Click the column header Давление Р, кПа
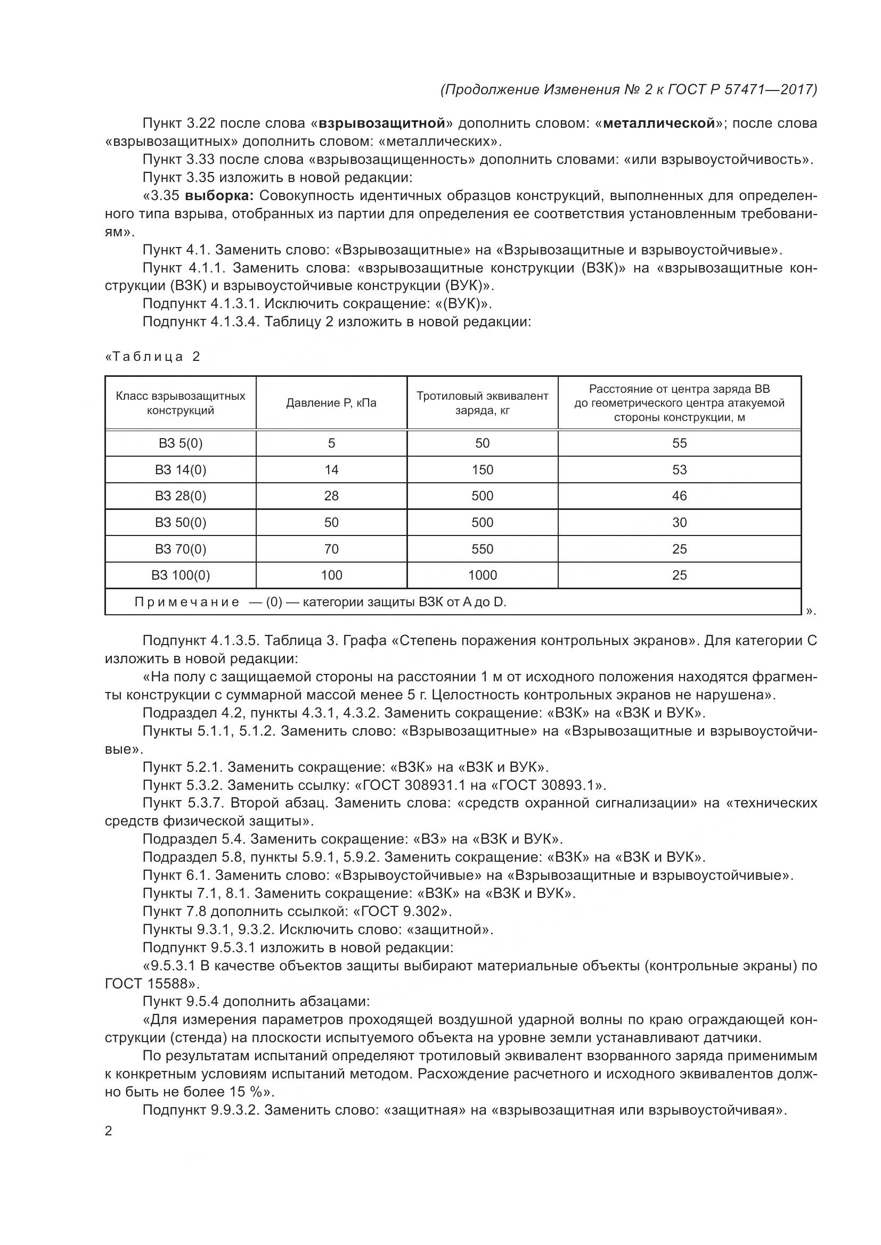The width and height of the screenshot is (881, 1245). (x=331, y=403)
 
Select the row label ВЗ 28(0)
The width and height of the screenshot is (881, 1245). (x=180, y=496)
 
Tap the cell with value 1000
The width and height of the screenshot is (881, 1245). (x=482, y=575)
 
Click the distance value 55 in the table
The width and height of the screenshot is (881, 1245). (x=679, y=443)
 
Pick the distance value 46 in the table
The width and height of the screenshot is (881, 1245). (x=679, y=496)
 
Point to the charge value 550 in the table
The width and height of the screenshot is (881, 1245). (x=482, y=549)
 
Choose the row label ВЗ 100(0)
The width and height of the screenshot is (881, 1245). (x=180, y=575)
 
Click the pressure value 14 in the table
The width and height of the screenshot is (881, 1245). (x=331, y=469)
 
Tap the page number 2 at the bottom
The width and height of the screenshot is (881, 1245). (x=109, y=1131)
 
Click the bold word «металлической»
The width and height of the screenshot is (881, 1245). (x=658, y=123)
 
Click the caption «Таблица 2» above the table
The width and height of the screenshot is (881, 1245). (x=152, y=356)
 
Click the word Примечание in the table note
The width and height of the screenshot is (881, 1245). (x=186, y=602)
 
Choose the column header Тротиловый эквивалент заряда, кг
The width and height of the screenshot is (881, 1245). (x=482, y=403)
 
